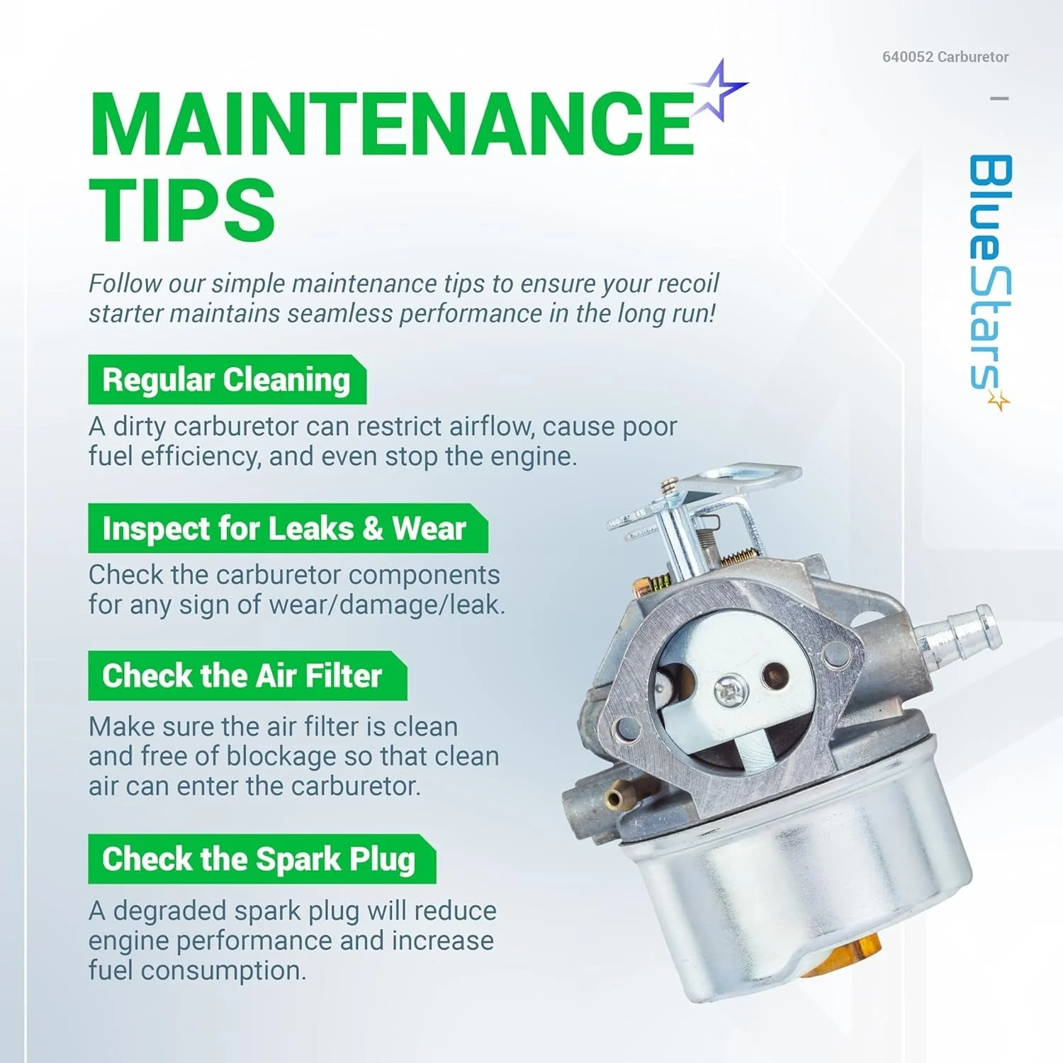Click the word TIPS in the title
182,210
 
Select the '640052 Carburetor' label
945,57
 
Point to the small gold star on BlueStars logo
999,400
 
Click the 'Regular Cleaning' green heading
226,380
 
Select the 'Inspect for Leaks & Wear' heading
284,529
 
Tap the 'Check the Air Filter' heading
242,676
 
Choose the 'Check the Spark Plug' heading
259,859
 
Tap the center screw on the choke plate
727,690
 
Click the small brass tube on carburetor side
614,799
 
